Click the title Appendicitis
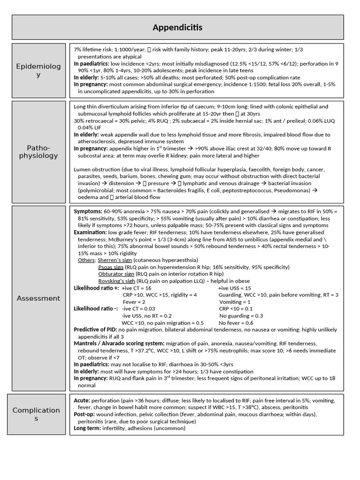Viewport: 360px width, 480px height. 178,28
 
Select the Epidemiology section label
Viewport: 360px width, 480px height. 38,70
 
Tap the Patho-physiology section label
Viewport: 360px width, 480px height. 38,151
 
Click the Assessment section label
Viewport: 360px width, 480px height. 38,298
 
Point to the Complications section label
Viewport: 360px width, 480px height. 37,414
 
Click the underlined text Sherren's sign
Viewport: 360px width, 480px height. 115,260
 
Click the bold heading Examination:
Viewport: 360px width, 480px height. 91,232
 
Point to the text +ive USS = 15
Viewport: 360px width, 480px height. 235,288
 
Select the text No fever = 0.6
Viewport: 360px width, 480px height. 236,323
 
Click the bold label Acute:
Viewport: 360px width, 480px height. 82,401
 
